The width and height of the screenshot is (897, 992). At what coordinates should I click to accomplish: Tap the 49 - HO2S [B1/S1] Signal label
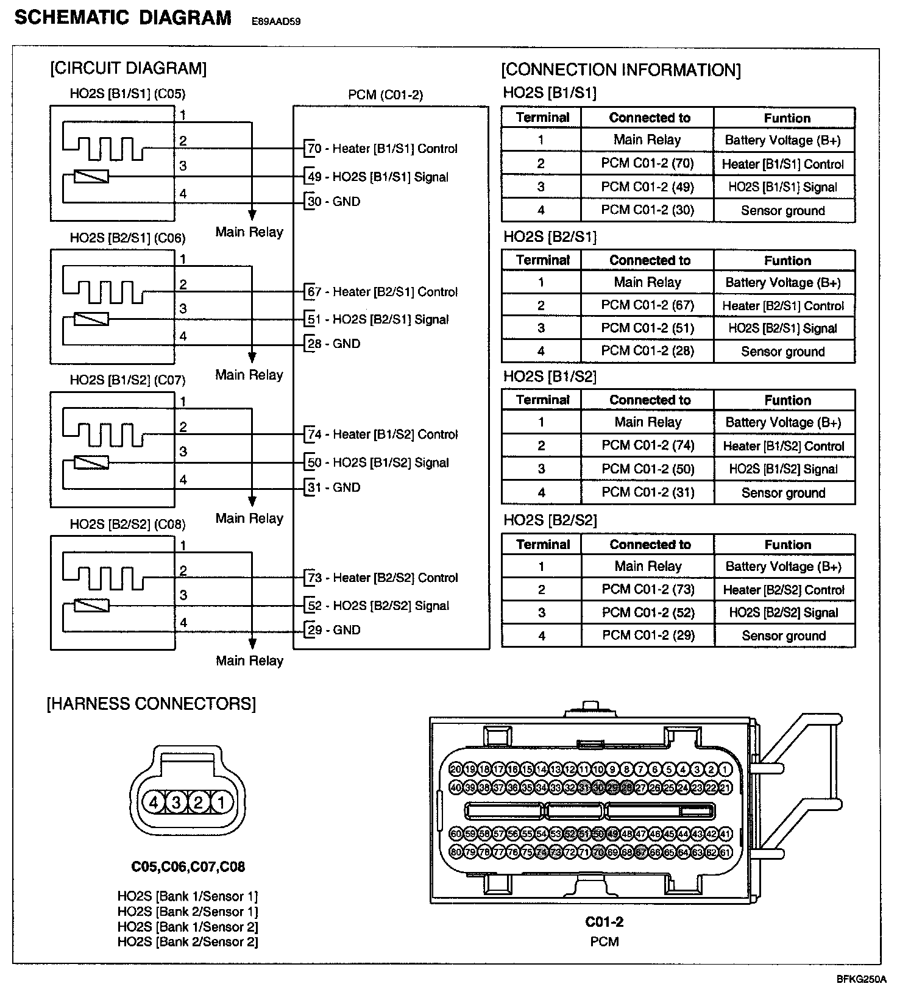click(x=378, y=177)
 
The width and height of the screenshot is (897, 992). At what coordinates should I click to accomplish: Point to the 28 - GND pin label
click(x=334, y=344)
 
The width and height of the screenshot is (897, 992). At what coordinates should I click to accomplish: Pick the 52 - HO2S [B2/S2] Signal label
click(x=378, y=606)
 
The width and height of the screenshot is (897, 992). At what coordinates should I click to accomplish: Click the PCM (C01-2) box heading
click(x=385, y=95)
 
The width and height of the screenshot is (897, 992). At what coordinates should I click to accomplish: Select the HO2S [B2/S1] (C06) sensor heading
click(x=127, y=238)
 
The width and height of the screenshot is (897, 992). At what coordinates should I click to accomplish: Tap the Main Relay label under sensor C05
click(x=249, y=232)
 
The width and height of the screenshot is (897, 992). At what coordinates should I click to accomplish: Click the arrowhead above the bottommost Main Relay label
click(x=252, y=643)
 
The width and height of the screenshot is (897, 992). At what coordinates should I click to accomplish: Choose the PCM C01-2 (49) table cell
click(x=647, y=187)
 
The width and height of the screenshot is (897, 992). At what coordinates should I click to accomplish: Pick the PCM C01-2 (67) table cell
click(x=647, y=305)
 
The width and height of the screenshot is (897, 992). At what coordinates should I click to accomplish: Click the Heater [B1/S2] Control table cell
click(x=783, y=446)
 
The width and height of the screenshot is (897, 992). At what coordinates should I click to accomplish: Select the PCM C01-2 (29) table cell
click(x=648, y=636)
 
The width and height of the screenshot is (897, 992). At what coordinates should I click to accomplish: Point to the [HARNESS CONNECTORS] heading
click(x=151, y=704)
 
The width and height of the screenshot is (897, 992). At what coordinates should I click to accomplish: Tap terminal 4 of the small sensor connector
click(x=154, y=802)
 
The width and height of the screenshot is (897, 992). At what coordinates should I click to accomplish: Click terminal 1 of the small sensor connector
click(x=221, y=802)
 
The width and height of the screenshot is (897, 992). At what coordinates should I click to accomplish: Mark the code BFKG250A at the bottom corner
click(x=861, y=980)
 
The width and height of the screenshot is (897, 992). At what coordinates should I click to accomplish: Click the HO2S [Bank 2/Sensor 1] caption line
click(x=188, y=912)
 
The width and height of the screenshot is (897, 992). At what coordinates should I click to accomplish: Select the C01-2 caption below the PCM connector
click(x=604, y=922)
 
